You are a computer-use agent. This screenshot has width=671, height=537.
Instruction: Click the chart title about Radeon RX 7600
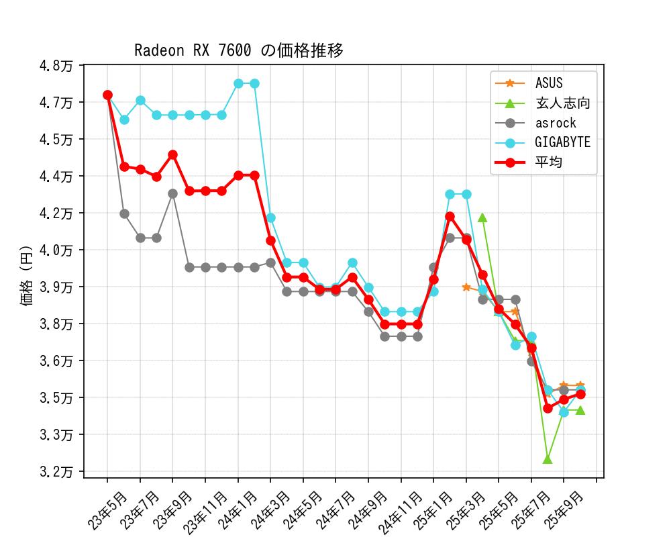239,51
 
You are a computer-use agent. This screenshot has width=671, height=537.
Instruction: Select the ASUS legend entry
549,83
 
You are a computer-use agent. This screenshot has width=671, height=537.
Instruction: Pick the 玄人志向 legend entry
562,103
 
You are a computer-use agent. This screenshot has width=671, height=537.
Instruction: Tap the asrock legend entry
556,123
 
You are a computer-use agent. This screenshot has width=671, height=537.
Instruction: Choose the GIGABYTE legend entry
562,142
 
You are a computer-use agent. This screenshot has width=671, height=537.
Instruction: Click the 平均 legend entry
549,162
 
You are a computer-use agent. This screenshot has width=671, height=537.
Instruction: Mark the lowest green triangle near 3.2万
548,459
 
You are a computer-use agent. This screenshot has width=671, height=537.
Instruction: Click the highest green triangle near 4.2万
482,217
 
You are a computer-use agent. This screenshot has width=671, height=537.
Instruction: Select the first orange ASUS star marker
466,287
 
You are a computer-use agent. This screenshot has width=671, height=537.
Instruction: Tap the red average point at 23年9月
172,154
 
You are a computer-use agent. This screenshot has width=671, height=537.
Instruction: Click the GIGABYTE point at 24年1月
238,83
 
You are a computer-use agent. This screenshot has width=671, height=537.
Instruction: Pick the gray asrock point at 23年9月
172,193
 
